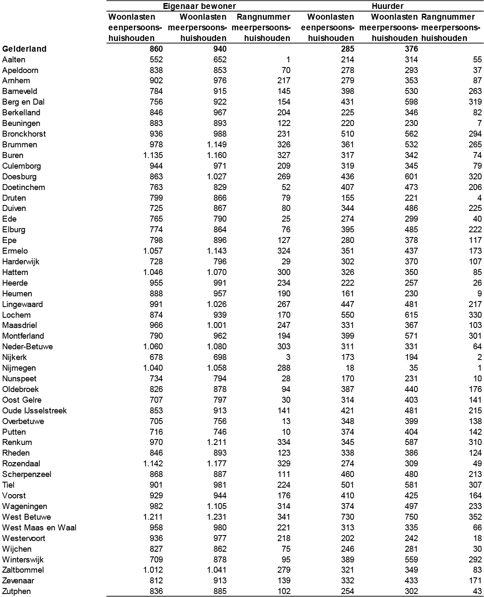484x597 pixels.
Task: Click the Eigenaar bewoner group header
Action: pyautogui.click(x=199, y=6)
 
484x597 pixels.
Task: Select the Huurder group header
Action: pyautogui.click(x=387, y=6)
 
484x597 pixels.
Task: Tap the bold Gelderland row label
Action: pyautogui.click(x=24, y=49)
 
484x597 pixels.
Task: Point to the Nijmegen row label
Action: pyautogui.click(x=19, y=368)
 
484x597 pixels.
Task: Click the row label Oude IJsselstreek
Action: pyautogui.click(x=35, y=410)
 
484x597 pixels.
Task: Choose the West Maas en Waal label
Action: pyautogui.click(x=39, y=527)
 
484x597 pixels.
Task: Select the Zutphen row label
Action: pyautogui.click(x=17, y=591)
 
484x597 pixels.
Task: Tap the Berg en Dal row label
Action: pyautogui.click(x=23, y=102)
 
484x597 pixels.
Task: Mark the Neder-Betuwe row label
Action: pyautogui.click(x=27, y=346)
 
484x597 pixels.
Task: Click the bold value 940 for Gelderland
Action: pyautogui.click(x=220, y=49)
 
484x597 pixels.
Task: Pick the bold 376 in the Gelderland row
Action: pyautogui.click(x=411, y=49)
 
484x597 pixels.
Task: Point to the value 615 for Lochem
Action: pyautogui.click(x=411, y=315)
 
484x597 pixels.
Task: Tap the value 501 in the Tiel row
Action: pyautogui.click(x=347, y=485)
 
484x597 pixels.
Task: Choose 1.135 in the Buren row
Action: pyautogui.click(x=153, y=155)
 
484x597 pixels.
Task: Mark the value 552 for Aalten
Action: pyautogui.click(x=156, y=59)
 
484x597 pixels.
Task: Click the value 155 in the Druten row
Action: pyautogui.click(x=347, y=198)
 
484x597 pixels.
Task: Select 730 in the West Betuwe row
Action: pyautogui.click(x=347, y=517)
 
